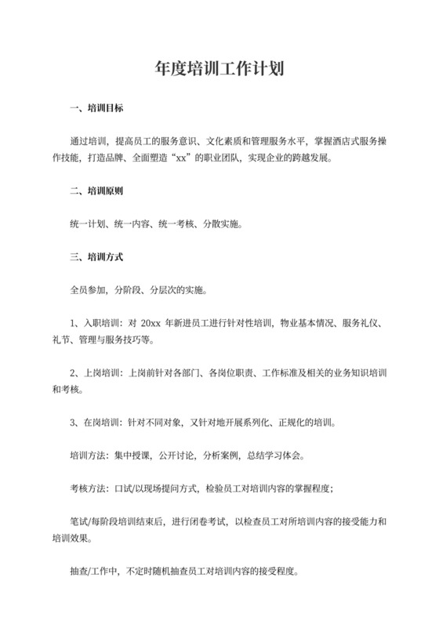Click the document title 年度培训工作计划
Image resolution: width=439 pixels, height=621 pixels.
[219, 68]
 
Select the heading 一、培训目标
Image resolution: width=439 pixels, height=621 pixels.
[96, 107]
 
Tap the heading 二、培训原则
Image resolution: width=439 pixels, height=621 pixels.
[96, 191]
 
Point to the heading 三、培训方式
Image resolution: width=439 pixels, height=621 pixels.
[96, 256]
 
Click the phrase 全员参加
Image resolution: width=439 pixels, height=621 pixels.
[86, 289]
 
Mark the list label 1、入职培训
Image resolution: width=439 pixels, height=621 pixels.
[93, 322]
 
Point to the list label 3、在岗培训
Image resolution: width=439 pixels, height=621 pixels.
[93, 423]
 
